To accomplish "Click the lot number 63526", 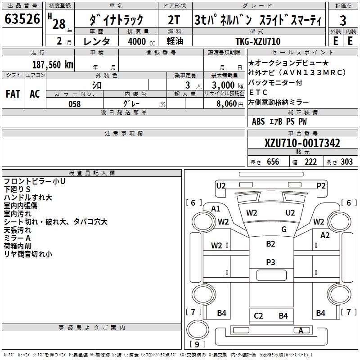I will (x=22, y=19).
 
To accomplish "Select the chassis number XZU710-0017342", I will (x=302, y=144).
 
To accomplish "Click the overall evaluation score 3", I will (x=343, y=21).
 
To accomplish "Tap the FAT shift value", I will (x=13, y=94).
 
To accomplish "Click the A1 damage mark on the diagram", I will (x=216, y=208).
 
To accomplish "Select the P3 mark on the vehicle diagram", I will (x=270, y=262).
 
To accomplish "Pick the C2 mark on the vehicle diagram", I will (x=258, y=315).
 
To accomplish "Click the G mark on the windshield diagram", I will (x=283, y=229).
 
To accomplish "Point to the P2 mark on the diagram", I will (x=321, y=185).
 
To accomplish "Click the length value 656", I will (x=273, y=162).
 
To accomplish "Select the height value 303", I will (x=346, y=162).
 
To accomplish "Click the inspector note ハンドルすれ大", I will (x=28, y=198).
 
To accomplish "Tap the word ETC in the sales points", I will (x=258, y=93).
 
